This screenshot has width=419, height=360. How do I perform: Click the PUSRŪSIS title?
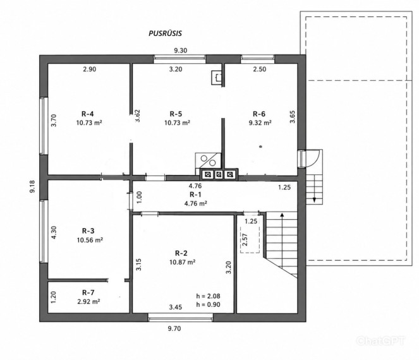click(165, 33)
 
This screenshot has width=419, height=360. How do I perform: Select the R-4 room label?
click(88, 114)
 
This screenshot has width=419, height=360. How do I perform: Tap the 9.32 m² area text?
click(260, 123)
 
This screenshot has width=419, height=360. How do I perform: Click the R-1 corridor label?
click(196, 194)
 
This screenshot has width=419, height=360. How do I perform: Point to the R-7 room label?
click(88, 292)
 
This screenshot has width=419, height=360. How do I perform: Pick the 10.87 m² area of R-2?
click(182, 262)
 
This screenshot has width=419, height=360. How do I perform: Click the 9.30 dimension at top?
click(181, 51)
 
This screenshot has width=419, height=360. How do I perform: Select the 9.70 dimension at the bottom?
click(174, 328)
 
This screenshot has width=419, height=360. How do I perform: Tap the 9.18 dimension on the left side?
click(32, 187)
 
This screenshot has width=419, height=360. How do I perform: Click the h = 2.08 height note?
click(208, 296)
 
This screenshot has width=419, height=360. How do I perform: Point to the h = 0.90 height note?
click(208, 304)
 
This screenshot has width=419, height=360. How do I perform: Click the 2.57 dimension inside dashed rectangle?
click(245, 239)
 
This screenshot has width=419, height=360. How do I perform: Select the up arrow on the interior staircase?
click(282, 222)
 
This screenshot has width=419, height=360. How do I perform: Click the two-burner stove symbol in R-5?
click(208, 160)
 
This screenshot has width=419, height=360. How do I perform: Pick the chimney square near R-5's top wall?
click(217, 78)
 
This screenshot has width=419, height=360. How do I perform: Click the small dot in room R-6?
click(261, 147)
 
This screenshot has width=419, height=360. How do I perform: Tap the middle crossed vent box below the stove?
click(219, 175)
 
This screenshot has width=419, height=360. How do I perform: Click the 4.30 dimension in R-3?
click(54, 232)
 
